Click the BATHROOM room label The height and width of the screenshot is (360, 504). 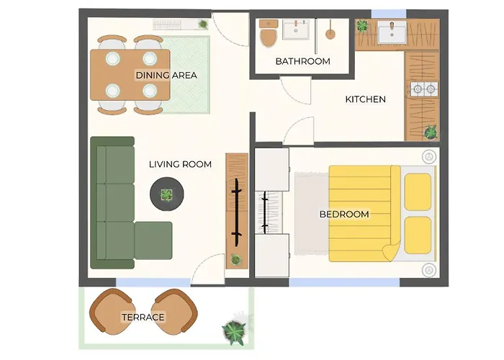303,61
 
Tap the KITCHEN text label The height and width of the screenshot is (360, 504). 366,99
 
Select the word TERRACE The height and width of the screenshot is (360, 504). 143,318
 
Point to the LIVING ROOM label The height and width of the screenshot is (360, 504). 180,164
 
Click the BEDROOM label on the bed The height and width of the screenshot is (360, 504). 344,214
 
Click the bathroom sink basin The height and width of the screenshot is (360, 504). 296,30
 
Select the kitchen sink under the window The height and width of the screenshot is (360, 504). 392,32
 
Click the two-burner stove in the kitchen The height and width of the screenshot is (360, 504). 424,89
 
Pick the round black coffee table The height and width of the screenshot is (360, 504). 167,194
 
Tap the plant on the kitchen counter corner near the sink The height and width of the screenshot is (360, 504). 362,26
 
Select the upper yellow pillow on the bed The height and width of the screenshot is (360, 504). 418,192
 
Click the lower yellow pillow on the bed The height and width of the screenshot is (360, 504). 418,235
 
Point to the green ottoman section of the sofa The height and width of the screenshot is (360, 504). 153,240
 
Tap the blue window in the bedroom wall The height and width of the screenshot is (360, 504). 345,282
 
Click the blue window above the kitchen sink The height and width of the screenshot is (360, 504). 389,14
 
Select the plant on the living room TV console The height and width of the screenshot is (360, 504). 236,259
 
